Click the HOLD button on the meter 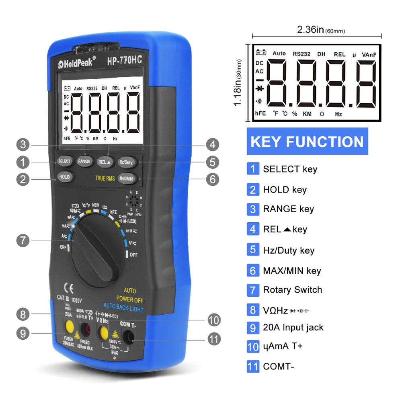tap(64, 176)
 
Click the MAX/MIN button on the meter tap(126, 178)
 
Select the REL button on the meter tap(105, 162)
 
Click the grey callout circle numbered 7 tap(23, 241)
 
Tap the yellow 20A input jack tap(70, 325)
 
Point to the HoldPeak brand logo tap(76, 63)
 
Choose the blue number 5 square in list tap(252, 250)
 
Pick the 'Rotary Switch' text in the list tap(292, 289)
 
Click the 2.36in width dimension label tap(320, 29)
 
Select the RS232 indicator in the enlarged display tap(301, 53)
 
